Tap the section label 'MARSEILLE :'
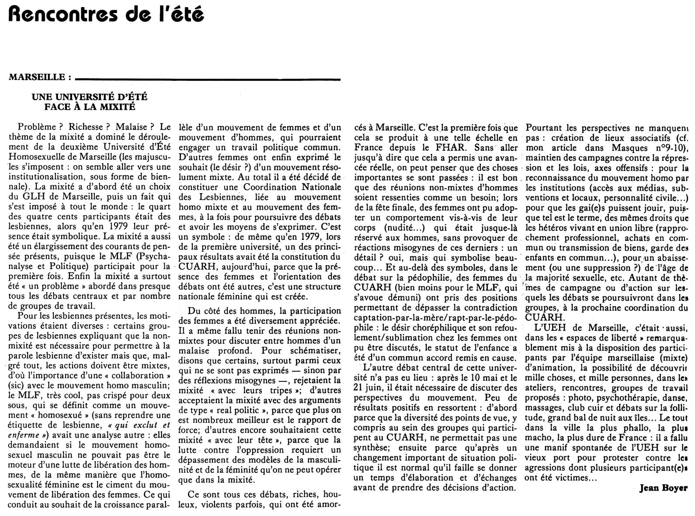tap(40, 78)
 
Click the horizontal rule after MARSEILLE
tap(208, 79)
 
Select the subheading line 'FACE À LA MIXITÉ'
tap(90, 106)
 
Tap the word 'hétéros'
tap(546, 228)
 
